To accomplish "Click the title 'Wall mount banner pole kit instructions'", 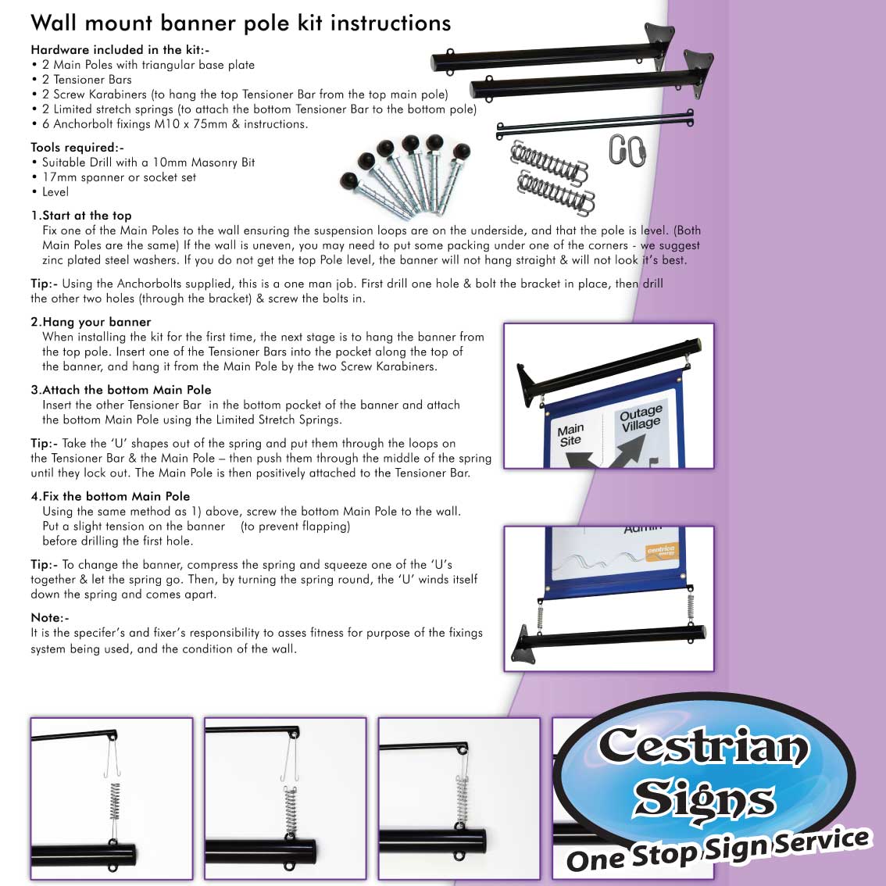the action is [x=241, y=23].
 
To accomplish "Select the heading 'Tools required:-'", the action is [x=77, y=148].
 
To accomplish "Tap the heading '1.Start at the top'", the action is [x=81, y=216].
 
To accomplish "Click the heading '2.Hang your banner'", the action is [x=91, y=322].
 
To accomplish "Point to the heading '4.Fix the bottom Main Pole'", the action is [x=110, y=496].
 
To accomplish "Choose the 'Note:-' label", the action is [x=50, y=617].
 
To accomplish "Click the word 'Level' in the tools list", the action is [x=55, y=192].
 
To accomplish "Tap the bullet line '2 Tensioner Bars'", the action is [x=87, y=80].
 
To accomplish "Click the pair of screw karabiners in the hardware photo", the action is [x=627, y=150].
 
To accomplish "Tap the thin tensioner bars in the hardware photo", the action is [x=595, y=126].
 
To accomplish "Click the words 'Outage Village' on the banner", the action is [x=640, y=418].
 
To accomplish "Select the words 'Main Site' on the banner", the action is [x=570, y=434].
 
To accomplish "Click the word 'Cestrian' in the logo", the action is [x=703, y=746].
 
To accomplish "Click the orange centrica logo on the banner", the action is [x=661, y=552].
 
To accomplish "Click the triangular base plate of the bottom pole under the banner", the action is [x=523, y=645].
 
